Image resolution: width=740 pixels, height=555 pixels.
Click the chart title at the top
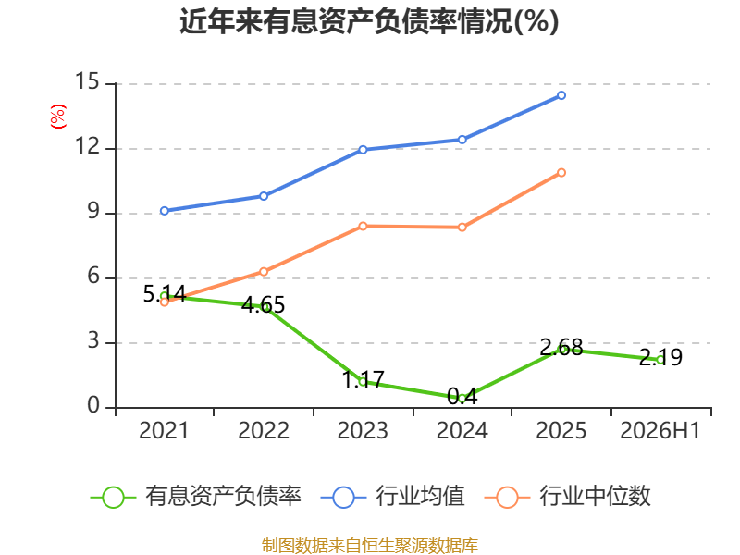pos(369,21)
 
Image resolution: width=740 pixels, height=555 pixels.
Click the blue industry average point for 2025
pos(561,95)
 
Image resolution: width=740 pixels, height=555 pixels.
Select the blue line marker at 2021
pos(165,211)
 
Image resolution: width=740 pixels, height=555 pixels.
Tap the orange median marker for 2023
pos(363,226)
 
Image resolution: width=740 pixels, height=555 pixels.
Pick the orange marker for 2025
pos(561,173)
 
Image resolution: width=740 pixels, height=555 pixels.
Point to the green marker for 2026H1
pos(660,360)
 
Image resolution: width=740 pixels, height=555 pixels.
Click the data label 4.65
pos(264,305)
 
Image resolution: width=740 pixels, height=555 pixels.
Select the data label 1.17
pos(363,379)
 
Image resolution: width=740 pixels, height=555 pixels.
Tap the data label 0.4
pos(462,397)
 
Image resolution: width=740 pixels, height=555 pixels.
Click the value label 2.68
pos(561,348)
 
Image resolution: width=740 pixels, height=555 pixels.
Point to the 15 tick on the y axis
pos(87,81)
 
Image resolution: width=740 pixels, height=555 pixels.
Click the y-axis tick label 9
pos(93,211)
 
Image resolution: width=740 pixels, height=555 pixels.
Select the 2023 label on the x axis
pos(363,430)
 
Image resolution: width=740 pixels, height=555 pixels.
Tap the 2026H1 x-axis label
pos(660,430)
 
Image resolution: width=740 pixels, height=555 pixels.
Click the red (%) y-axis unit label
pos(58,117)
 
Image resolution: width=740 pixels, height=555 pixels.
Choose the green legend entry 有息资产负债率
pos(195,497)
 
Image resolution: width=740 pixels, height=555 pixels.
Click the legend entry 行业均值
pos(392,497)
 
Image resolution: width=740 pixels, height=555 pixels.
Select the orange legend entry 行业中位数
pos(568,497)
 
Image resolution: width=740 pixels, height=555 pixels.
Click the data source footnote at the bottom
pos(370,546)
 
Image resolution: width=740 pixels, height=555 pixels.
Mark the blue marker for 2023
pos(363,150)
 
